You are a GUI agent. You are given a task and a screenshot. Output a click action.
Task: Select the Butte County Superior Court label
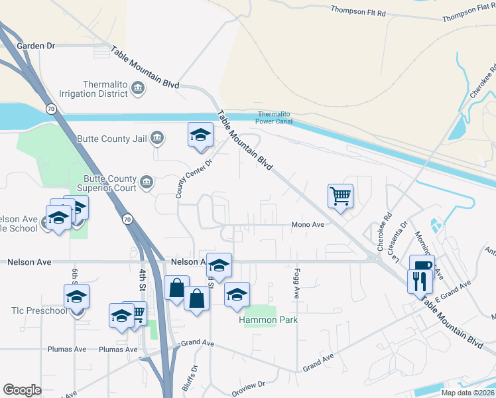click(110, 183)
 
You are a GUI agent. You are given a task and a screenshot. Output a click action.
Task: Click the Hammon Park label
click(268, 320)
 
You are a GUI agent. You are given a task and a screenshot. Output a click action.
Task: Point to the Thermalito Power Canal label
click(275, 117)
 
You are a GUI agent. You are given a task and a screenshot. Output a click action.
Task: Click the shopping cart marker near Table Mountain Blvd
click(340, 196)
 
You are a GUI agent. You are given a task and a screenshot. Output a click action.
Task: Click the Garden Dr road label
click(35, 46)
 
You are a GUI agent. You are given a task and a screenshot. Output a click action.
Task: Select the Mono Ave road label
click(308, 225)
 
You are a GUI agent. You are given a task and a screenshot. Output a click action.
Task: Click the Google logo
click(22, 389)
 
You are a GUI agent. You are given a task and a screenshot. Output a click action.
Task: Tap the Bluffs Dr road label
click(194, 377)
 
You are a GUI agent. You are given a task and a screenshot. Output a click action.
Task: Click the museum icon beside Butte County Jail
click(156, 138)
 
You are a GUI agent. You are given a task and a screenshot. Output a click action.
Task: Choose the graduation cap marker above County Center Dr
click(200, 135)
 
